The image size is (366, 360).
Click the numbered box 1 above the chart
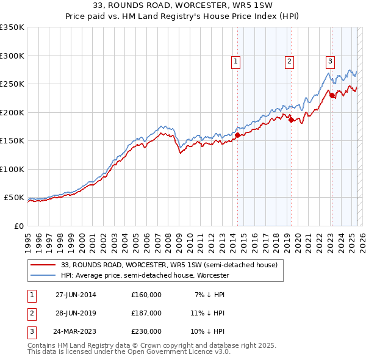pyautogui.click(x=235, y=61)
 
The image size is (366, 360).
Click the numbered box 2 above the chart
pyautogui.click(x=289, y=61)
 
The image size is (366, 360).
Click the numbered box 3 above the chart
pyautogui.click(x=330, y=61)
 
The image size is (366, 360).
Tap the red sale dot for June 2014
pyautogui.click(x=237, y=135)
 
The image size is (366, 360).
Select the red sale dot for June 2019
pyautogui.click(x=291, y=120)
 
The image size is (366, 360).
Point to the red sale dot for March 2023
pyautogui.click(x=332, y=95)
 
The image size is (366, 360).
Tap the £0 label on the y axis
pyautogui.click(x=18, y=226)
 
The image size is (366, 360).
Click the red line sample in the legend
pyautogui.click(x=43, y=265)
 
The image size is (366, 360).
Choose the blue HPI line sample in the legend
pyautogui.click(x=43, y=275)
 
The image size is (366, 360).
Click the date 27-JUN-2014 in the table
pyautogui.click(x=73, y=295)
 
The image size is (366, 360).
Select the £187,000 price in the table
pyautogui.click(x=146, y=313)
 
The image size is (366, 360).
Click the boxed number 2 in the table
pyautogui.click(x=31, y=313)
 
